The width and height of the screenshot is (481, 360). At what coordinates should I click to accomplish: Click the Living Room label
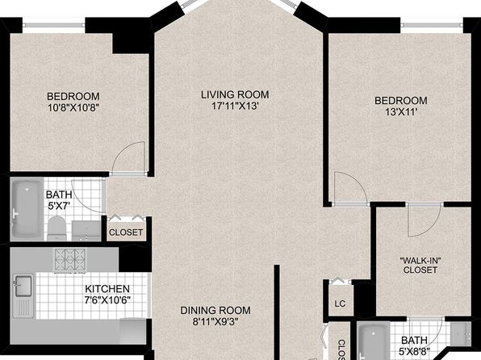click(x=235, y=94)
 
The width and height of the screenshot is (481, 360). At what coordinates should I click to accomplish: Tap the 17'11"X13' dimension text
click(x=236, y=107)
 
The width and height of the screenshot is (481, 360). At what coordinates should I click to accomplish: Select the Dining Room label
click(x=215, y=310)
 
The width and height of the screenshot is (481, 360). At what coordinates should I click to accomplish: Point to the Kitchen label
click(x=107, y=289)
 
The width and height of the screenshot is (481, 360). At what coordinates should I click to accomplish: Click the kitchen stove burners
click(x=70, y=260)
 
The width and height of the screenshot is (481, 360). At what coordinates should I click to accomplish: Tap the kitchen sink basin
click(x=23, y=286)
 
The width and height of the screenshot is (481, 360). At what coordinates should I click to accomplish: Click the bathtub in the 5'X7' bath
click(x=27, y=209)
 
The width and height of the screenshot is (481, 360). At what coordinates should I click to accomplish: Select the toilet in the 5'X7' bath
click(x=57, y=228)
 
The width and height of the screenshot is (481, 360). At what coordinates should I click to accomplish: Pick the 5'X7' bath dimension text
click(x=59, y=205)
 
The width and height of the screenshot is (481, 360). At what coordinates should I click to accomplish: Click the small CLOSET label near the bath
click(x=126, y=232)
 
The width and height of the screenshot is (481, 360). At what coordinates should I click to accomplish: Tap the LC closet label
click(x=340, y=303)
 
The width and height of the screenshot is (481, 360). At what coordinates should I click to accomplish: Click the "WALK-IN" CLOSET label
click(x=420, y=266)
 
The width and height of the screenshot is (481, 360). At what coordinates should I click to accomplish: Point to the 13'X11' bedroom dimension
click(x=401, y=112)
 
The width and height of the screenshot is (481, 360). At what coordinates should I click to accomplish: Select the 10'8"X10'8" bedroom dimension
click(x=73, y=107)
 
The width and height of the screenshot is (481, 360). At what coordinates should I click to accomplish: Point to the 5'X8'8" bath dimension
click(x=414, y=350)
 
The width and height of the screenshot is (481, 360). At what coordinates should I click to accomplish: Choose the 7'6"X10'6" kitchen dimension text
click(x=107, y=299)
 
